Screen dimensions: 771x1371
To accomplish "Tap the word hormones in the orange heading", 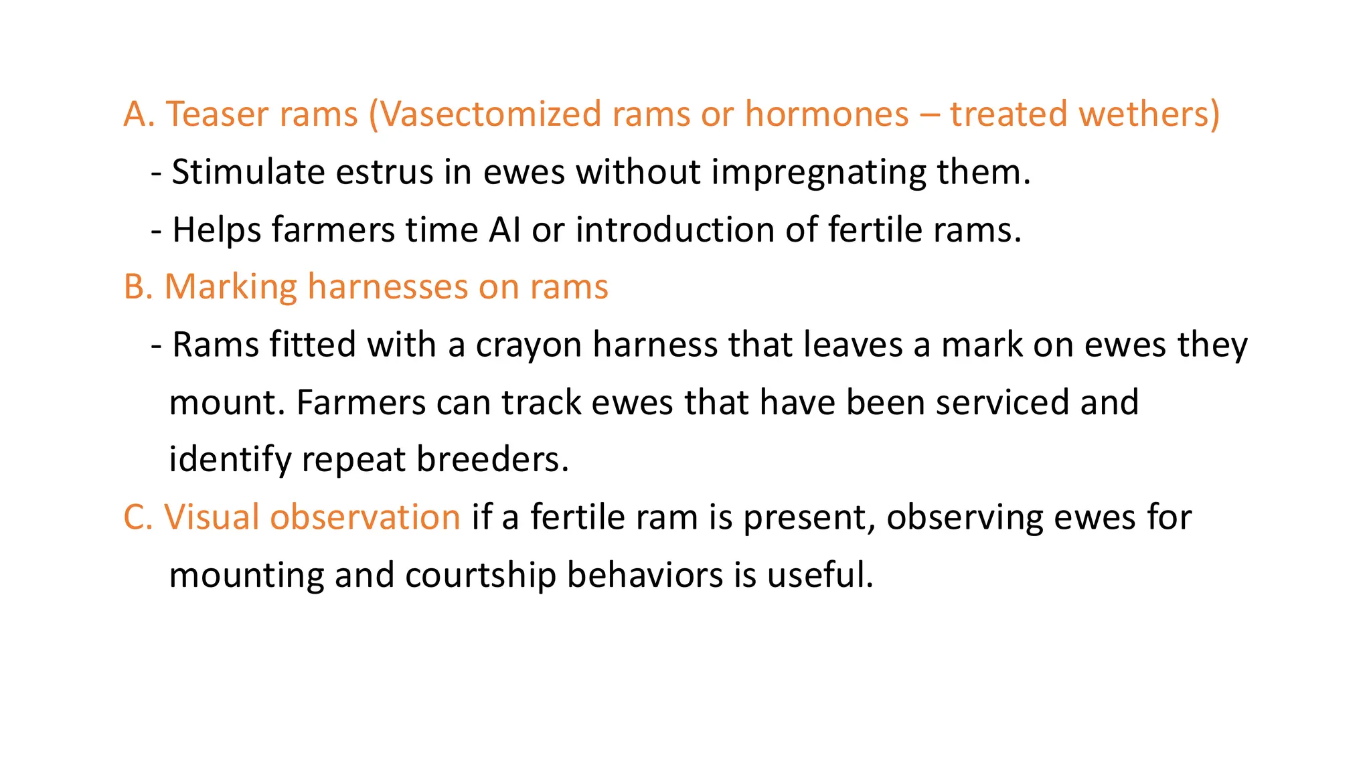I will click(x=827, y=114).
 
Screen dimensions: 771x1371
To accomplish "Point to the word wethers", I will click(x=1149, y=114).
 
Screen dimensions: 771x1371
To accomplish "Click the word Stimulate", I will click(x=248, y=172).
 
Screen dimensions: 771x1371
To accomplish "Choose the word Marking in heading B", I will click(x=230, y=287).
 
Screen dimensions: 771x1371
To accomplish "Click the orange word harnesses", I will click(x=388, y=287).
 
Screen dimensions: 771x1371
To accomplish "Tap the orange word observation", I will click(x=365, y=517).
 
